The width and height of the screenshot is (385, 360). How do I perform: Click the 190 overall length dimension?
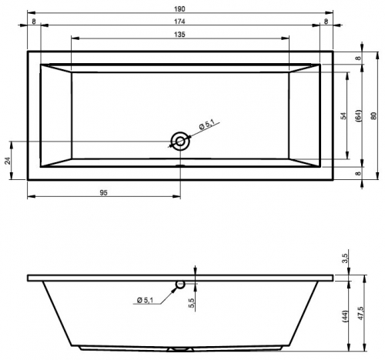pyautogui.click(x=179, y=9)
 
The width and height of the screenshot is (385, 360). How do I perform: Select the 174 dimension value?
pyautogui.click(x=179, y=22)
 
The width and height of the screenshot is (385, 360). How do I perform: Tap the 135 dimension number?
pyautogui.click(x=179, y=35)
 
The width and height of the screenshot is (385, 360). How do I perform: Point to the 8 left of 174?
pyautogui.click(x=34, y=22)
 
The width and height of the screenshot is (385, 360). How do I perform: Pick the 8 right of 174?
pyautogui.click(x=326, y=22)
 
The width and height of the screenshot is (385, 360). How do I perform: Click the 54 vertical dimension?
pyautogui.click(x=343, y=116)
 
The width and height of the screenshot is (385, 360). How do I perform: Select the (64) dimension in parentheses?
pyautogui.click(x=359, y=116)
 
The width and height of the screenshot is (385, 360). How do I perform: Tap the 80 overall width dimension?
pyautogui.click(x=373, y=116)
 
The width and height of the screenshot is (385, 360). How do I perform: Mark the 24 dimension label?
pyautogui.click(x=8, y=161)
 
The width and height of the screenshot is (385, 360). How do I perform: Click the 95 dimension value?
pyautogui.click(x=103, y=192)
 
